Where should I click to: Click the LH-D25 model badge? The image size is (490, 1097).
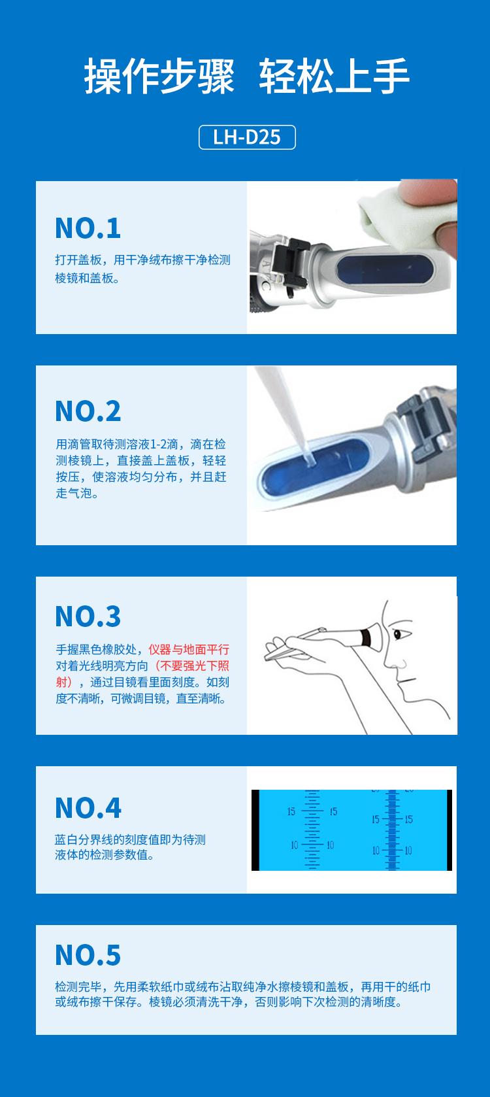(247, 137)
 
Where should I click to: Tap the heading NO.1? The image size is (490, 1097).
(88, 228)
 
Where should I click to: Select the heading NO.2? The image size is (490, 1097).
(88, 411)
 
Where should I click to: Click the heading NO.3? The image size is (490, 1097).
(88, 616)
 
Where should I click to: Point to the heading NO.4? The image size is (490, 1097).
(88, 808)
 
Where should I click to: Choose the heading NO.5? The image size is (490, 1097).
(88, 955)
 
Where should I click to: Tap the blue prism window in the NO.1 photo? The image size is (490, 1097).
(384, 269)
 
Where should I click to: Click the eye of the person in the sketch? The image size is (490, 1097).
(400, 634)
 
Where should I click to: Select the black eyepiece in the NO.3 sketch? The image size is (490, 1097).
(372, 638)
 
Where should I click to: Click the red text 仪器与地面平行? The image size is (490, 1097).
(189, 650)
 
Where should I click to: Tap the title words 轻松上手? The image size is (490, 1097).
(334, 76)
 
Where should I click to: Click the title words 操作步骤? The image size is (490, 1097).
(159, 76)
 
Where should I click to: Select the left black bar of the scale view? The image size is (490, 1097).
(255, 830)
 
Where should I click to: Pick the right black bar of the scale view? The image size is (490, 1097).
(449, 830)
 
